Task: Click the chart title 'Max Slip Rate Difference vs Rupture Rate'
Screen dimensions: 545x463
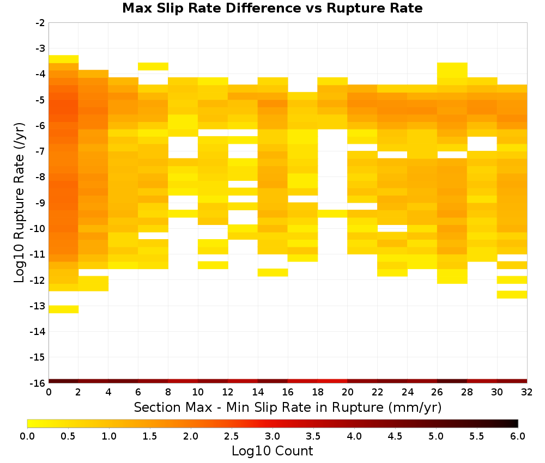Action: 272,8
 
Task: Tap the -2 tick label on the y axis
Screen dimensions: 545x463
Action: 40,23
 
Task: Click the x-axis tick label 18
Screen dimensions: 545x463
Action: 318,392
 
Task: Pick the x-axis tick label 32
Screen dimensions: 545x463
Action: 527,392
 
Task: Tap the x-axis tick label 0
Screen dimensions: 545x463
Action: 49,392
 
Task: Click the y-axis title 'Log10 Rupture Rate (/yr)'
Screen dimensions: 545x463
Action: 20,203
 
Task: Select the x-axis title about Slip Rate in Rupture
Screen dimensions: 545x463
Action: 288,407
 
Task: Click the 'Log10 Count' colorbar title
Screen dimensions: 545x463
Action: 272,451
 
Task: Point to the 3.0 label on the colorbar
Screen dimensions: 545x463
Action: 272,436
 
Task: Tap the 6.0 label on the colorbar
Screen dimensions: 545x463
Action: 518,436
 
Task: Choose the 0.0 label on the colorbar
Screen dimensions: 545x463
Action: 27,436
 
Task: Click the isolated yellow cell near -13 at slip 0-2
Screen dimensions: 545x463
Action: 64,309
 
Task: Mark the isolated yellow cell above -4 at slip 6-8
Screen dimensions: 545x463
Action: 153,66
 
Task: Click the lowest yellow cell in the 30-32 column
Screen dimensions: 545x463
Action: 512,295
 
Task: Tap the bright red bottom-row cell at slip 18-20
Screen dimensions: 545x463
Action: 332,381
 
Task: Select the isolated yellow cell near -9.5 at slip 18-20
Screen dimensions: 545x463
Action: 332,214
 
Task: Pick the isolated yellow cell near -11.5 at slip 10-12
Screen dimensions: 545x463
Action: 213,265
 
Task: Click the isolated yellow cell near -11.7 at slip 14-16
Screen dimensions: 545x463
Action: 273,272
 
